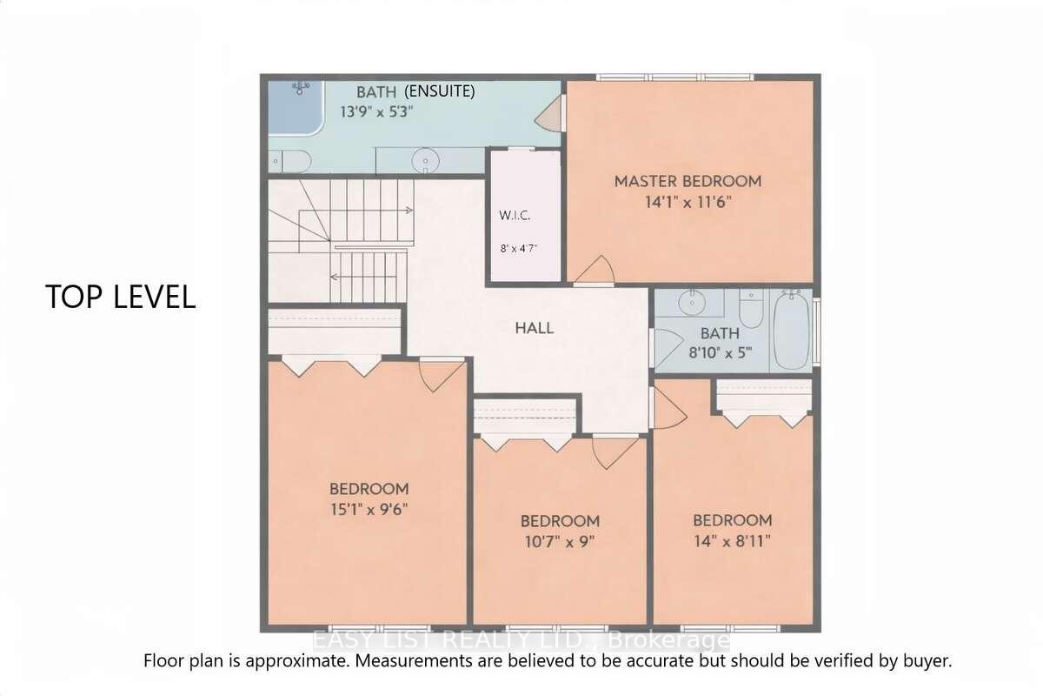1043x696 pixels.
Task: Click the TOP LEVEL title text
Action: point(121,297)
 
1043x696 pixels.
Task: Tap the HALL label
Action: point(535,328)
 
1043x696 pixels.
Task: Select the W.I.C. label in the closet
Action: point(515,216)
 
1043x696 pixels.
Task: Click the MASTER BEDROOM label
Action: point(688,181)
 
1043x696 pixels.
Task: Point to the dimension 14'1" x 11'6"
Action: point(688,203)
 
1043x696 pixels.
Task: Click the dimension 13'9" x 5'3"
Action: point(376,112)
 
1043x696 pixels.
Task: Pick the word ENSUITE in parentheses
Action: point(440,91)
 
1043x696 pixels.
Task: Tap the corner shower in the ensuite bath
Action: point(296,108)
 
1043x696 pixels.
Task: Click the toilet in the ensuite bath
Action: point(289,161)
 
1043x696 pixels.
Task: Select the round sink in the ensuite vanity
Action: point(426,161)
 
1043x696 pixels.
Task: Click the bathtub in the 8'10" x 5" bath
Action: point(792,331)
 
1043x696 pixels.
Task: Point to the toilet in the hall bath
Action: point(751,308)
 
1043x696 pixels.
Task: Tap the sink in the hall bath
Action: point(692,303)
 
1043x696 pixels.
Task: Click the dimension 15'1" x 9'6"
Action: point(369,510)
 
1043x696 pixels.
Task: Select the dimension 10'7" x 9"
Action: point(560,542)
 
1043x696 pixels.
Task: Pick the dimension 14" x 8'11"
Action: point(733,541)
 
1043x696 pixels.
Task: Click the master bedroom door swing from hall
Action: point(595,271)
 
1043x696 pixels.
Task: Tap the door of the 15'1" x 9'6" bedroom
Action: point(442,374)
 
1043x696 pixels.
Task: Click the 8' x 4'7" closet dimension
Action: point(518,249)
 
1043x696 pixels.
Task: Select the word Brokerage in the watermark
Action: point(669,640)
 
